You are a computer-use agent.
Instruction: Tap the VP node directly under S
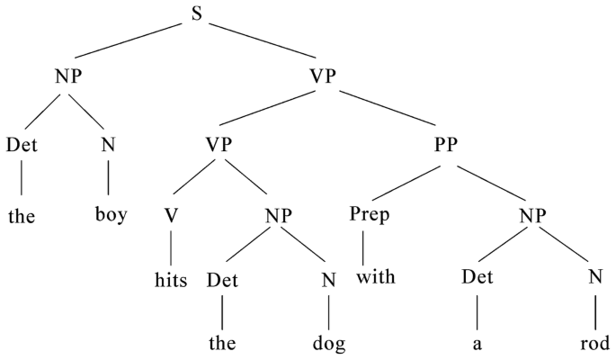(326, 77)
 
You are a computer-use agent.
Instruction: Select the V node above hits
(168, 214)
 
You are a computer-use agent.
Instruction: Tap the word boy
(109, 216)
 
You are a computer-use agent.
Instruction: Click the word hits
(168, 279)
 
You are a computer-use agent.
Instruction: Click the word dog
(329, 343)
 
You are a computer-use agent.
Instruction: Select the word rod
(595, 343)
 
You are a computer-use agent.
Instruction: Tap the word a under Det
(477, 344)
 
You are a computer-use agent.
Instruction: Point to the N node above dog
(329, 279)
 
